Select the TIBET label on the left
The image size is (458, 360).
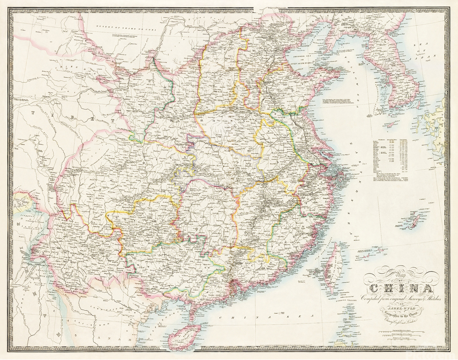[x=66, y=118]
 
